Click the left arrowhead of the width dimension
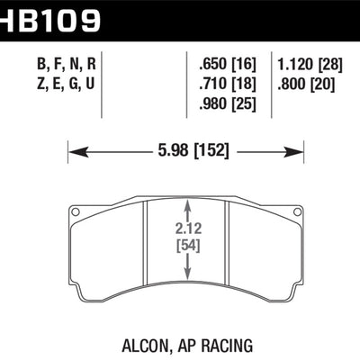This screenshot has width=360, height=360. coord(74,148)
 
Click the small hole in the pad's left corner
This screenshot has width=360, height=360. coord(76,212)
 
